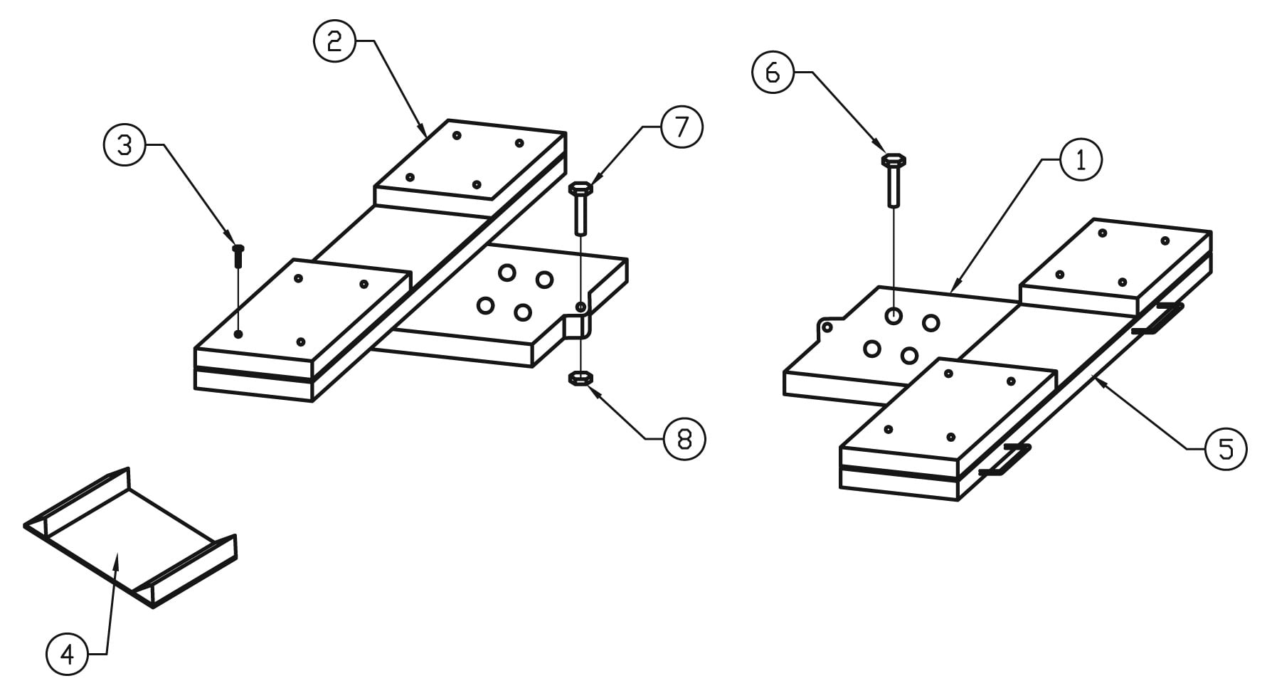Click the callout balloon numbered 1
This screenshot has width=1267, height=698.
point(1081,160)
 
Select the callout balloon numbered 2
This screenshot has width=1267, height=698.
point(334,41)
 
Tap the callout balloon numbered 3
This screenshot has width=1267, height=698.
point(124,145)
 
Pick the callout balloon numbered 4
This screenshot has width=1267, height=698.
point(67,654)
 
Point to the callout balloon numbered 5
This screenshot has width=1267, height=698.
point(1226,449)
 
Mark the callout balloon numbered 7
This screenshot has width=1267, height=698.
point(682,127)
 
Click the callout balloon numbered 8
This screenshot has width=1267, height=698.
point(684,439)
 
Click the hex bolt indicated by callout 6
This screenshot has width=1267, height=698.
point(894,179)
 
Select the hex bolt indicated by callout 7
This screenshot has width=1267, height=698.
point(581,208)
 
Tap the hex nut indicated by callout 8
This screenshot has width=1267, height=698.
point(581,378)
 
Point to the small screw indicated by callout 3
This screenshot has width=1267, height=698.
point(238,255)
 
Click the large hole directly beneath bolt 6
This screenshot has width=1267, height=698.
point(894,314)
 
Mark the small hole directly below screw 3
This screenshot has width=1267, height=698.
point(238,334)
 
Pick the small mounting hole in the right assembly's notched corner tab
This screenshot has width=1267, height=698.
point(827,327)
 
